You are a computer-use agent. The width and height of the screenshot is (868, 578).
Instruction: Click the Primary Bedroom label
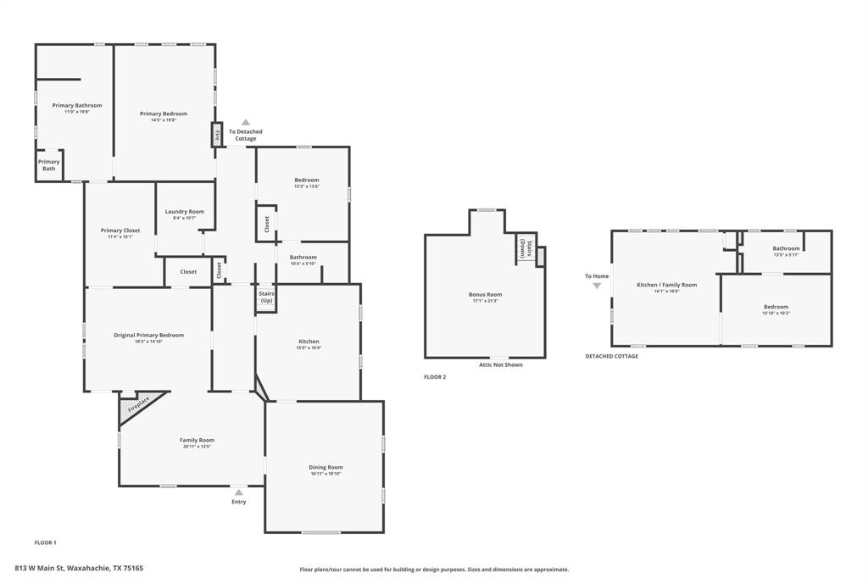164,114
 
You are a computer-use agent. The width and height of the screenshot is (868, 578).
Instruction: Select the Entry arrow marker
239,492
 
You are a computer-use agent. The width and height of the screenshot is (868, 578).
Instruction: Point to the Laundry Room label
184,212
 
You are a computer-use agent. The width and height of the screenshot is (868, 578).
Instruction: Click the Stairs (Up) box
266,297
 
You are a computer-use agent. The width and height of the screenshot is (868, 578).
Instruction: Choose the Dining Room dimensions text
325,474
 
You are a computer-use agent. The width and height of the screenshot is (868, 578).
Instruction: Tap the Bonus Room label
485,295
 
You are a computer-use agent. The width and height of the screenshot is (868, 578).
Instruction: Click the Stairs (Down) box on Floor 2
526,249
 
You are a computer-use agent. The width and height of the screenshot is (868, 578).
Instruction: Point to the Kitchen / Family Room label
666,285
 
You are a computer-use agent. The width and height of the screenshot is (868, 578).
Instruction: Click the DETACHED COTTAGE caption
611,356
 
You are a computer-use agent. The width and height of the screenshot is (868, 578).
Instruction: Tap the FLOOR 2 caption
435,376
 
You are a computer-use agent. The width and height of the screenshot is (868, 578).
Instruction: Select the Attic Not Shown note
500,364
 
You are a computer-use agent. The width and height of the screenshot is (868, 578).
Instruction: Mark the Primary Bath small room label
49,165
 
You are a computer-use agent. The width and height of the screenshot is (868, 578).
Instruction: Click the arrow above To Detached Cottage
245,123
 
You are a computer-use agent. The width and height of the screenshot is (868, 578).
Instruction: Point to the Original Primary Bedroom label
148,335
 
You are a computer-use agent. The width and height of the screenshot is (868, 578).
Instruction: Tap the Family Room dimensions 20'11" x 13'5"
197,447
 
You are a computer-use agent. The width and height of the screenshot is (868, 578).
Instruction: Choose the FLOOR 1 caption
45,542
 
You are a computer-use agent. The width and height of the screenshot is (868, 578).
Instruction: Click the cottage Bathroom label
786,248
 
